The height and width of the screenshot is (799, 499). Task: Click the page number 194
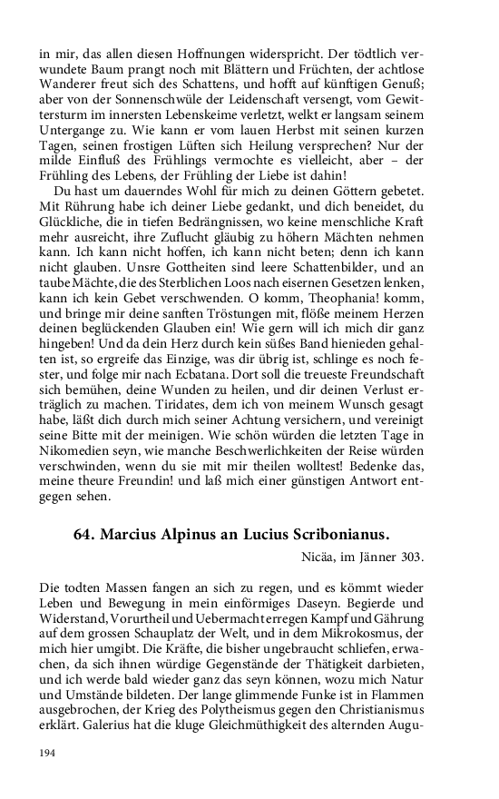coord(48,754)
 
